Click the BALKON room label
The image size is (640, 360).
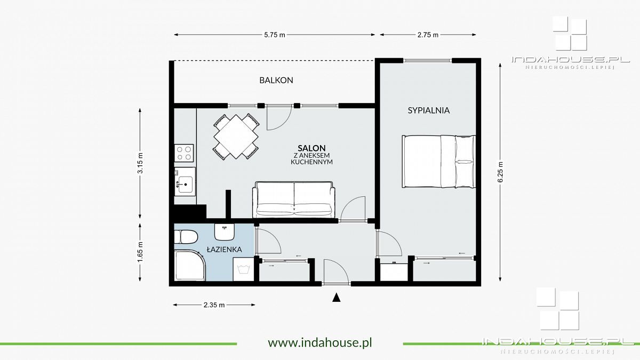coord(276,81)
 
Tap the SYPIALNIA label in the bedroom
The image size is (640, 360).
coord(428,111)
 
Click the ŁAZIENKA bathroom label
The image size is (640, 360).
coord(225,249)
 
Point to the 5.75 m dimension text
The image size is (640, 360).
coord(275,35)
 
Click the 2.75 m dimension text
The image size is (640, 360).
coord(428,35)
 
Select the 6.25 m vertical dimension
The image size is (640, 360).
coord(500,172)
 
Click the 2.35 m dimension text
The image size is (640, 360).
coord(214,305)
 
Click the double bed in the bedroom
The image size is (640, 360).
coord(438,162)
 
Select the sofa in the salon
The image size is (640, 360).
coord(294,199)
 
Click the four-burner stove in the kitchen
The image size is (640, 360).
coord(185,153)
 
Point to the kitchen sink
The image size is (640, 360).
coord(185,182)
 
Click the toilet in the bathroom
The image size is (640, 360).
coord(186,236)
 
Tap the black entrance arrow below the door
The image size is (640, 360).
coord(336,298)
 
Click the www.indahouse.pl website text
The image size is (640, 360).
coord(319,342)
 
